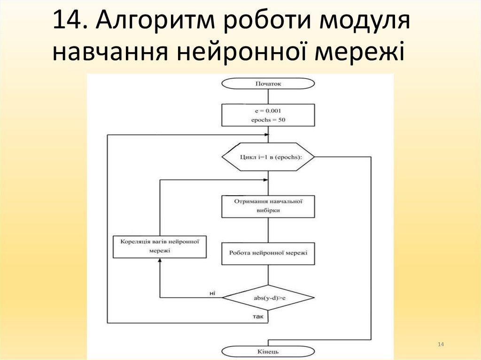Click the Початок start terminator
coord(268,84)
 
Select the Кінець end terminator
coord(268,351)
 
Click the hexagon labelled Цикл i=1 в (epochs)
coord(268,157)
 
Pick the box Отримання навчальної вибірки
coord(268,206)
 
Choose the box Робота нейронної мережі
coord(268,253)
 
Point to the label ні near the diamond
coord(212,293)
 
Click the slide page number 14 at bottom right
coord(440,345)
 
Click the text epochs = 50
coord(268,120)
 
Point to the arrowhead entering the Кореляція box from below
coord(160,261)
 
